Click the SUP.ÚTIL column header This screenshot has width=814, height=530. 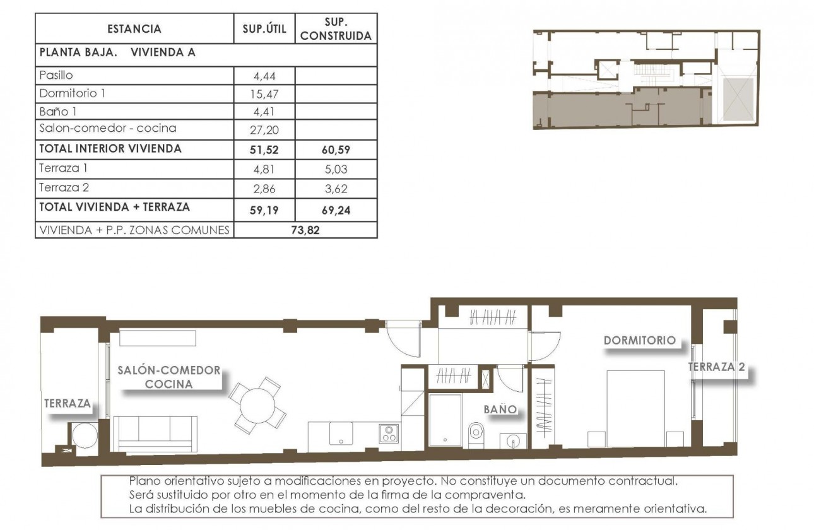[264, 29]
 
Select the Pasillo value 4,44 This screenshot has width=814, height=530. [264, 76]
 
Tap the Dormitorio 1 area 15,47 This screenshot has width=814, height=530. [264, 95]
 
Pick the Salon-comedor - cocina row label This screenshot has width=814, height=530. [107, 129]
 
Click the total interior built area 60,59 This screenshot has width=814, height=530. [335, 150]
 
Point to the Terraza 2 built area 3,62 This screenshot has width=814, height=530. [335, 189]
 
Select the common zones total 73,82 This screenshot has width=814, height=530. [305, 230]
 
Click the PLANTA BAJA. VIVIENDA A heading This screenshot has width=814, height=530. [117, 53]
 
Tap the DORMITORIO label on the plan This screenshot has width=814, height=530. [639, 341]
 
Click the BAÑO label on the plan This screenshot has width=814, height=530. [500, 410]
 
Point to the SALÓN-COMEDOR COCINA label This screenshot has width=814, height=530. [169, 377]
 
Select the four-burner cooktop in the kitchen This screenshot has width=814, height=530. [389, 434]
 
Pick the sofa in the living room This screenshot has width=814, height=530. [155, 433]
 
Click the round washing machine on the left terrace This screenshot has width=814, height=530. [84, 435]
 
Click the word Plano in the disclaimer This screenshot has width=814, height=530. [143, 481]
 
